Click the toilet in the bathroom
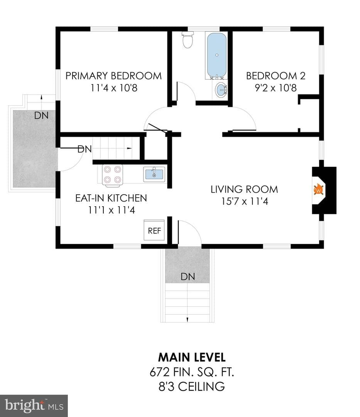188,39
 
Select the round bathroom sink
221,90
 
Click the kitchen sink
154,174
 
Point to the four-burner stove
112,175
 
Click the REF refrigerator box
154,230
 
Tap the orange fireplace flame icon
318,190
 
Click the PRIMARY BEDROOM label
113,76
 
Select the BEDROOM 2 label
276,76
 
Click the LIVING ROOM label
244,189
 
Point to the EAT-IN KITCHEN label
111,198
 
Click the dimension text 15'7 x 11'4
245,201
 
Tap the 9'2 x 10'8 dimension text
276,88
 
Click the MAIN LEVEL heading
192,357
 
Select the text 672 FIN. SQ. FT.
192,372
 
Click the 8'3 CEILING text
192,386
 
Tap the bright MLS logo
34,406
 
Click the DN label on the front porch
188,276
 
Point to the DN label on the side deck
41,115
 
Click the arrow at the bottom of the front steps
188,319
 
